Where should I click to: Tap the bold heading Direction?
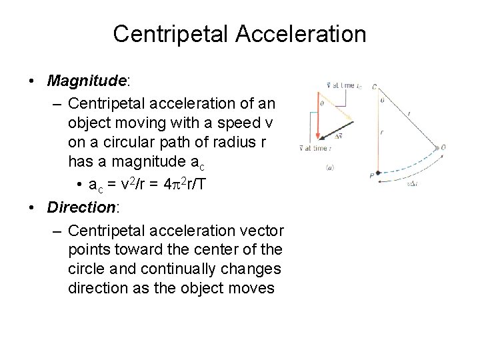82,207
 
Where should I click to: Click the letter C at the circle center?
375,87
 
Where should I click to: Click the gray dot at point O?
436,147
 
